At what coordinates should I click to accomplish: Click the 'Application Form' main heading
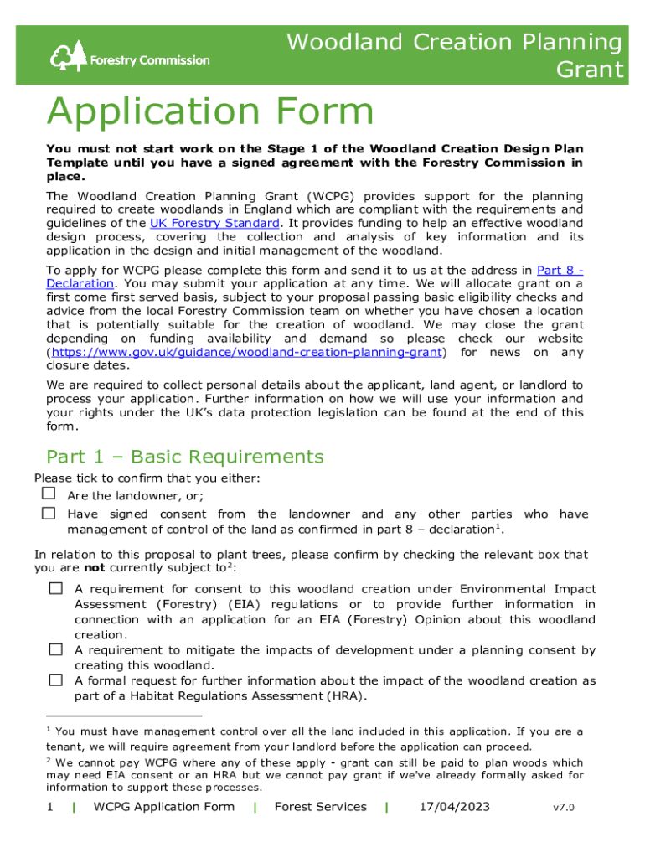coord(210,112)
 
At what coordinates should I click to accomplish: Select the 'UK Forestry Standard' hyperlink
coord(214,223)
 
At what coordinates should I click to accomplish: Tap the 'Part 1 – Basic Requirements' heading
coord(184,457)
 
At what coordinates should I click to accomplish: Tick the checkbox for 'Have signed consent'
coord(49,514)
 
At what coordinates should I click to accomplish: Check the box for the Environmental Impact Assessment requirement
coord(55,589)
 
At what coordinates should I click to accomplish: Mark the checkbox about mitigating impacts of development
coord(55,649)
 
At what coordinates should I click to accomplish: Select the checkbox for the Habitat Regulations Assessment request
coord(55,680)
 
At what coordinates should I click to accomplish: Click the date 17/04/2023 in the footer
coord(454,807)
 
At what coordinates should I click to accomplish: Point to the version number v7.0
coord(564,808)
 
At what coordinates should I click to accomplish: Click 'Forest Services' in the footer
coord(321,807)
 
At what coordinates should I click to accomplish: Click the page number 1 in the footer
coord(50,807)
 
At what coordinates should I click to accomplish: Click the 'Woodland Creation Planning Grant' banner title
coord(456,55)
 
